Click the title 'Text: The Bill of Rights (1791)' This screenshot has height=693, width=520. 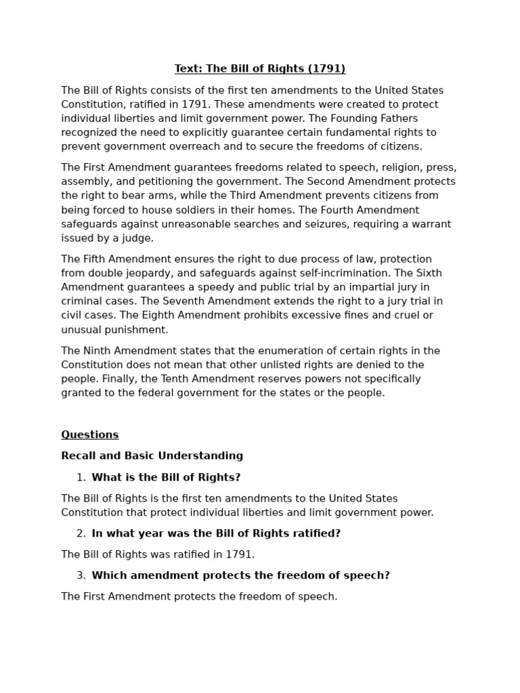(260, 69)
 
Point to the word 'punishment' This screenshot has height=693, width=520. (137, 330)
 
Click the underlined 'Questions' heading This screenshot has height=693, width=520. (90, 434)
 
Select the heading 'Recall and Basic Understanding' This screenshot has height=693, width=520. (152, 456)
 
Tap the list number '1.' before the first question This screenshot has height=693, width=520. (81, 478)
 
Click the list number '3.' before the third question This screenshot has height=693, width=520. (81, 576)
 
